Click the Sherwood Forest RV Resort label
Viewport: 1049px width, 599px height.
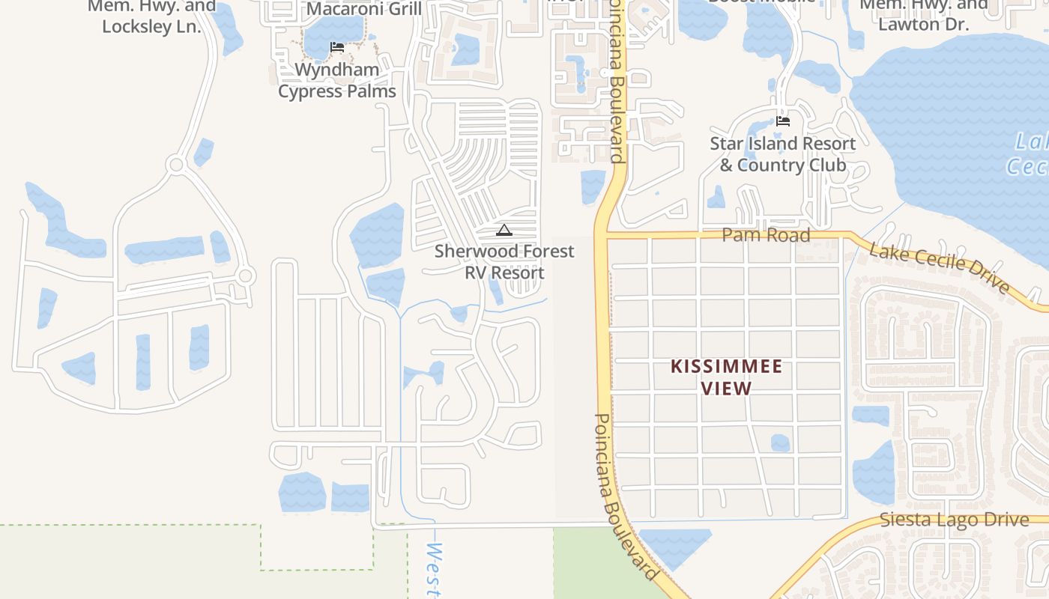tap(504, 262)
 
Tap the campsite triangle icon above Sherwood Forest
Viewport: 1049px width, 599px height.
tap(504, 231)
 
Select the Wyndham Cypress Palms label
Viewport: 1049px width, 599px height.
tap(337, 81)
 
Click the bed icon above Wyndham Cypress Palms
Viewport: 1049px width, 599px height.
tap(337, 47)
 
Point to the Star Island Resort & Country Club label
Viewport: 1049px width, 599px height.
tap(783, 154)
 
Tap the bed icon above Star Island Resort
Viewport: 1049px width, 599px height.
tap(783, 121)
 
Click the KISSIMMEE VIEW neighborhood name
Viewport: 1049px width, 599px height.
tap(726, 377)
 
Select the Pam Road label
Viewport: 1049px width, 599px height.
tap(766, 235)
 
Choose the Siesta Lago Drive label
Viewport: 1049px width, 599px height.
tap(954, 520)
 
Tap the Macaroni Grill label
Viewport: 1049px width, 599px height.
tap(364, 9)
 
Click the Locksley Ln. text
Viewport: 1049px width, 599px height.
tap(151, 26)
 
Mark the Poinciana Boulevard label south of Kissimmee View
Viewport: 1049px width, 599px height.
tap(626, 496)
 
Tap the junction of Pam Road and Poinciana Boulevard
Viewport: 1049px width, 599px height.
tap(602, 235)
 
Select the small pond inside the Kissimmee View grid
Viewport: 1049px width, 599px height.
tap(780, 443)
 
